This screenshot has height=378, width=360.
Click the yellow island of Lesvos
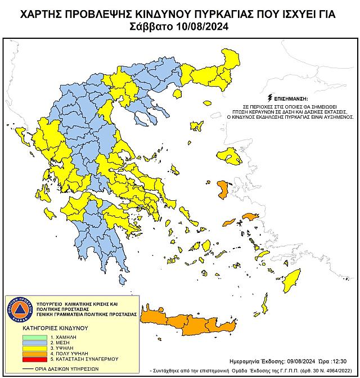(229, 155)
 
